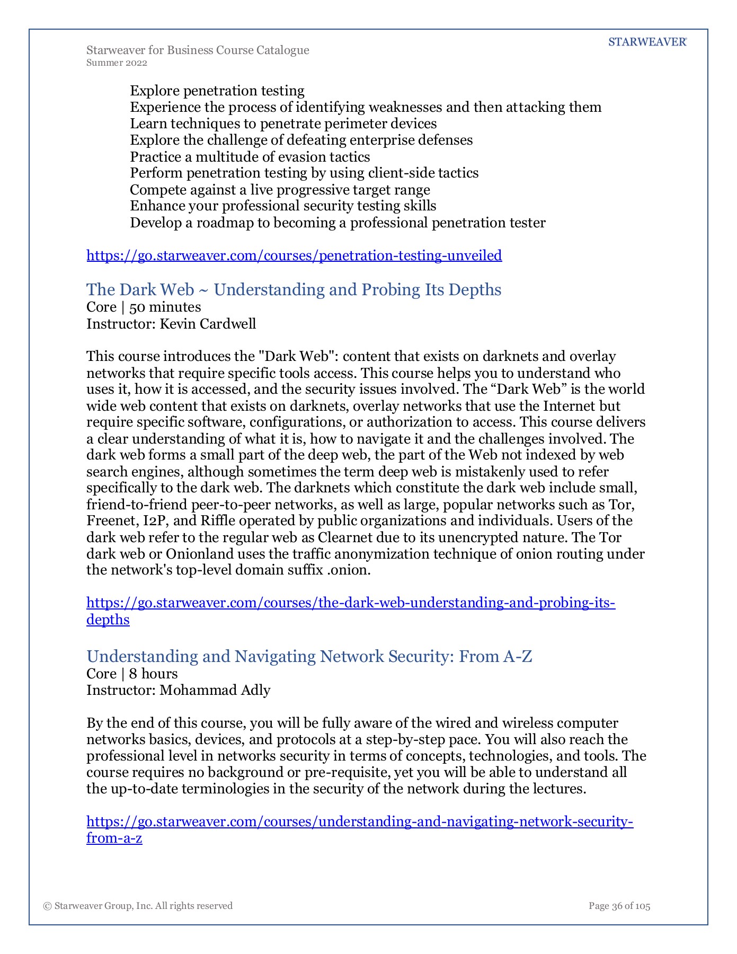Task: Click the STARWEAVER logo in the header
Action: point(647,42)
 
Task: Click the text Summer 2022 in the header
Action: point(117,63)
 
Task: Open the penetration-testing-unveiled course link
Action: point(294,255)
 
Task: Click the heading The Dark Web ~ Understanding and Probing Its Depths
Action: point(294,289)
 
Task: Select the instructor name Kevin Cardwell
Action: point(208,324)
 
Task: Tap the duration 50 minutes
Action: point(165,307)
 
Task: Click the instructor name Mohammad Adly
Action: point(215,690)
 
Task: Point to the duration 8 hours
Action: point(154,674)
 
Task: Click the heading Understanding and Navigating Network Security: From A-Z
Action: point(309,656)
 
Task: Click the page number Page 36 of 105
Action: point(619,906)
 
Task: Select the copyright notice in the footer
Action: point(138,906)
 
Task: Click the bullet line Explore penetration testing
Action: point(217,91)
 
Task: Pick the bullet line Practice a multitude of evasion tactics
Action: point(250,157)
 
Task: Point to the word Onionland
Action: point(200,554)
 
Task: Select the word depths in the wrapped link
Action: point(108,620)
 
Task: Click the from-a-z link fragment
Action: point(114,838)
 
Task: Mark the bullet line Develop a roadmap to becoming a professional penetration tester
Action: point(338,223)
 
